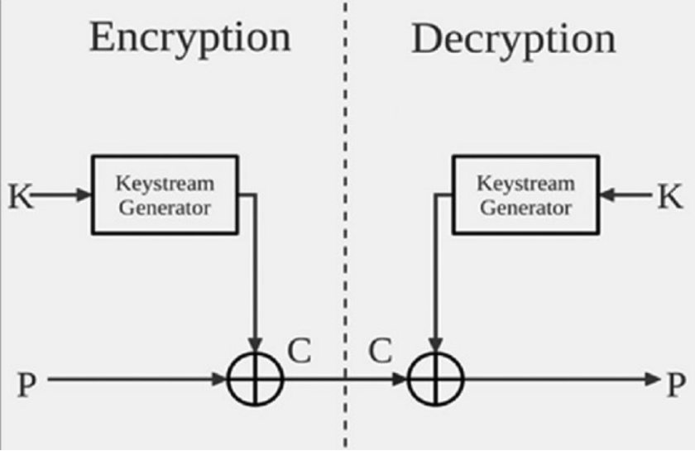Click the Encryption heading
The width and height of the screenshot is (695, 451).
tap(189, 38)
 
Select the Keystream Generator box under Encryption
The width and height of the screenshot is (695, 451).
tap(164, 194)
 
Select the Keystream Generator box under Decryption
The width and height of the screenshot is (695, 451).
tap(525, 194)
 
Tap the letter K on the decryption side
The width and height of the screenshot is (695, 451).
tap(670, 196)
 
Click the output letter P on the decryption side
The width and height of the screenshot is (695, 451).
tap(676, 381)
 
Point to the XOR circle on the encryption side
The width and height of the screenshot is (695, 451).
tap(256, 380)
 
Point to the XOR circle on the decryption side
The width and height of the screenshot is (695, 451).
tap(436, 380)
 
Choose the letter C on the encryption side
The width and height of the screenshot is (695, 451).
tap(299, 352)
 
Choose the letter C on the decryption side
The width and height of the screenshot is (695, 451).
tap(379, 352)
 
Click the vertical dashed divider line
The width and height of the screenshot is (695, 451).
tap(345, 248)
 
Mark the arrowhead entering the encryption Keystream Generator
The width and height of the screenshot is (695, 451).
tap(84, 195)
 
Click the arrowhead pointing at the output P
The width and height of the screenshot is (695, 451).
tap(651, 380)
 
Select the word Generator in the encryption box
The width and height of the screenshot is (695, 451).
tap(164, 207)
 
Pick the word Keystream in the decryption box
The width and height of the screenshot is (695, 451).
tap(525, 182)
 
